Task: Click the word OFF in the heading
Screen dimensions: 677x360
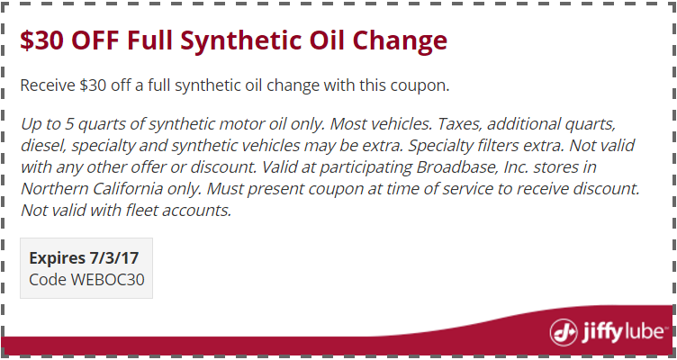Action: [95, 40]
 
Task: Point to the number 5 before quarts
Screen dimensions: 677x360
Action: [69, 125]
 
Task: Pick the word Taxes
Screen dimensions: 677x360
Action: [455, 124]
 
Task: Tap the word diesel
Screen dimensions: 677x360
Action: [42, 146]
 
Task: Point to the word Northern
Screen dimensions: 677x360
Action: [49, 189]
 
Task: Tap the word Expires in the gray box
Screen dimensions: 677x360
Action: [57, 258]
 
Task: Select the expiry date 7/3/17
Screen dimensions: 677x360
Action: [114, 258]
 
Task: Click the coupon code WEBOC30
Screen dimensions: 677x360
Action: [107, 280]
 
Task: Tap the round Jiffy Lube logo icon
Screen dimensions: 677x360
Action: [564, 332]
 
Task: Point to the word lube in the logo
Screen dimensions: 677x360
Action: [645, 332]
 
